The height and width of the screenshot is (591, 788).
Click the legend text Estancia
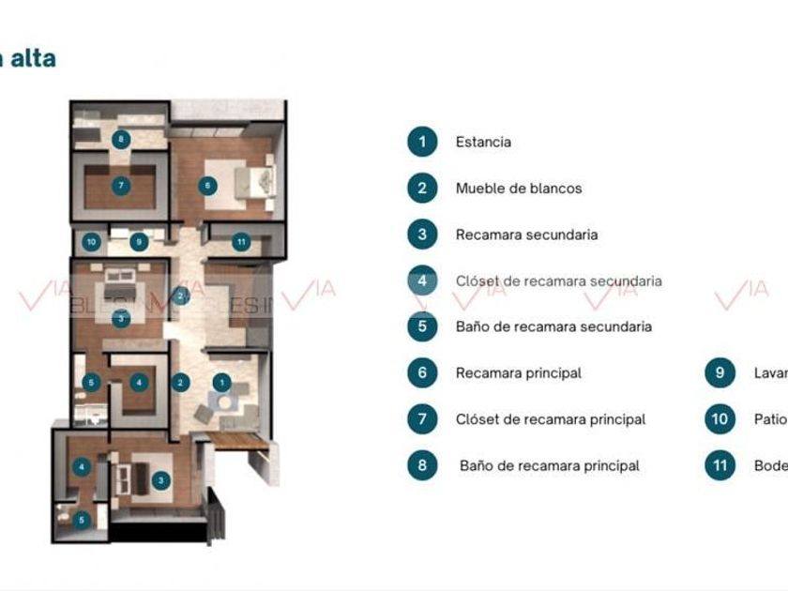(483, 143)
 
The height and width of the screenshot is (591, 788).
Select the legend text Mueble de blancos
(518, 189)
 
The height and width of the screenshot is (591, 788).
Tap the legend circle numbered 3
(422, 235)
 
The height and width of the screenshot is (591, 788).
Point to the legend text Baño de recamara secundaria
(553, 326)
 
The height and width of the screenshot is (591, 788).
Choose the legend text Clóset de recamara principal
(550, 419)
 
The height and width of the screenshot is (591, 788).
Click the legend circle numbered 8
(422, 465)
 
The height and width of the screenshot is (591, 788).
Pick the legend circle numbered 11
(720, 465)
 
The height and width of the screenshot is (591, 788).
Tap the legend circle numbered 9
(720, 372)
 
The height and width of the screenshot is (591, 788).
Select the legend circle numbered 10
(720, 419)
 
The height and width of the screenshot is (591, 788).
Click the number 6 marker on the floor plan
(207, 186)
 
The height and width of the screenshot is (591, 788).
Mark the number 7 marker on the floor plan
(120, 186)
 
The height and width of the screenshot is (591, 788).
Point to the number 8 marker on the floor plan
(120, 140)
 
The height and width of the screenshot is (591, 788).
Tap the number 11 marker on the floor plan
(241, 242)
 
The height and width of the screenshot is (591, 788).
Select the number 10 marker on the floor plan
(91, 242)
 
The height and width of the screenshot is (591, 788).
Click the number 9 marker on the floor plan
(139, 242)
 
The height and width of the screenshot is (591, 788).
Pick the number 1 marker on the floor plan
(221, 382)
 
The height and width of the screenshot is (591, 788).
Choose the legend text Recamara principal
(518, 373)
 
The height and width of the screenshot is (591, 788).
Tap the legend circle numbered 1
(422, 143)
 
